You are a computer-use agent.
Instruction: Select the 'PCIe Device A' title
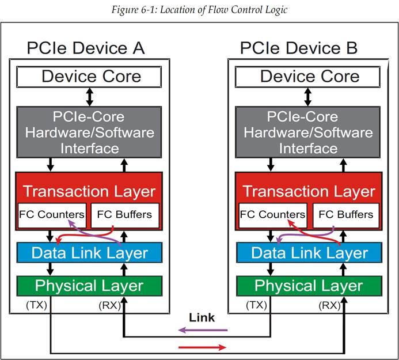[x=86, y=48]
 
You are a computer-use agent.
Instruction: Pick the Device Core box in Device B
[x=309, y=77]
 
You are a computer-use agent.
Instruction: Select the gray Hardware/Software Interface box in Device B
[x=309, y=132]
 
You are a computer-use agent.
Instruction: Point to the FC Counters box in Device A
[x=52, y=215]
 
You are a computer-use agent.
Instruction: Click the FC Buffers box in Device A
[x=125, y=215]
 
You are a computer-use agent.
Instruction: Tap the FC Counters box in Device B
[x=272, y=215]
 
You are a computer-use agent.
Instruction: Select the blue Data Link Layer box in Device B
[x=309, y=253]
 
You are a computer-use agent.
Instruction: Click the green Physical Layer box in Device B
[x=309, y=286]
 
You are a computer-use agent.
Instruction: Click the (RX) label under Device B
[x=329, y=305]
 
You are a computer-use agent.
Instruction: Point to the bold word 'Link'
[x=202, y=317]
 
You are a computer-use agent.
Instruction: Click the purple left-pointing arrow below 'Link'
[x=202, y=331]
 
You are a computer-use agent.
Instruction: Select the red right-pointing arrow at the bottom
[x=202, y=347]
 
